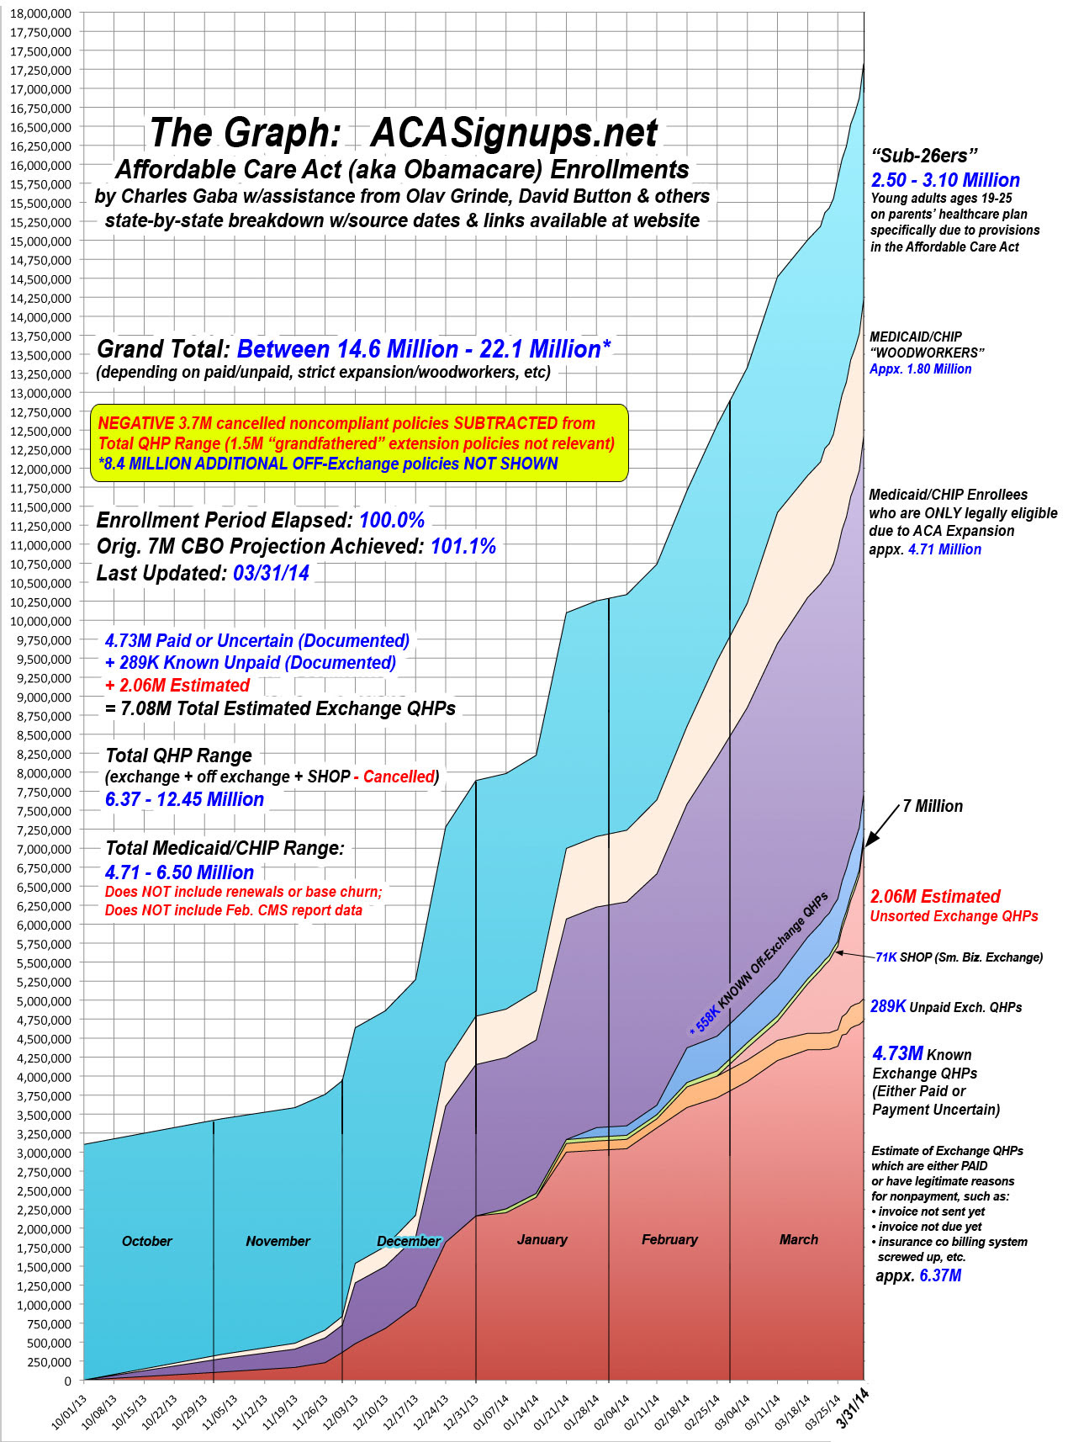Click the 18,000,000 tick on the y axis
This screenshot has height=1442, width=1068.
point(42,13)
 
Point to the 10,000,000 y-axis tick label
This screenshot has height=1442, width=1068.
point(42,621)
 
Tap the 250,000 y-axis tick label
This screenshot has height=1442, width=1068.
point(49,1362)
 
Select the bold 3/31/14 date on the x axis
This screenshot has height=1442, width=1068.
point(853,1408)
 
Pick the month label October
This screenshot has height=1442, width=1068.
point(146,1241)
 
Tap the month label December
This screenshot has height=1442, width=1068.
point(409,1241)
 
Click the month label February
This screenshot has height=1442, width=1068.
point(669,1239)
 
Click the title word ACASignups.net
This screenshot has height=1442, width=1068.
point(515,133)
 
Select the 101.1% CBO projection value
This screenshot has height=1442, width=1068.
point(463,546)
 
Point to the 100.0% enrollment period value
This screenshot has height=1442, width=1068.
point(392,520)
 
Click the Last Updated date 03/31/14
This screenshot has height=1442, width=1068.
point(271,573)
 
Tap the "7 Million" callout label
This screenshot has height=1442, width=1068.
point(933,806)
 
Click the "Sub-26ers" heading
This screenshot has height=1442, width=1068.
point(924,155)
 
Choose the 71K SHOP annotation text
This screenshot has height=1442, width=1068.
point(959,957)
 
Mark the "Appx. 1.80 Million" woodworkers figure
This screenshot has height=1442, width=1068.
point(921,368)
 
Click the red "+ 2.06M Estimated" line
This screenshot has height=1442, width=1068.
point(177,686)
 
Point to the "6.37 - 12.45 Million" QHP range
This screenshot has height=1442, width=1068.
point(184,799)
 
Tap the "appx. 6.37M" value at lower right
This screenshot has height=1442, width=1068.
point(918,1275)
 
